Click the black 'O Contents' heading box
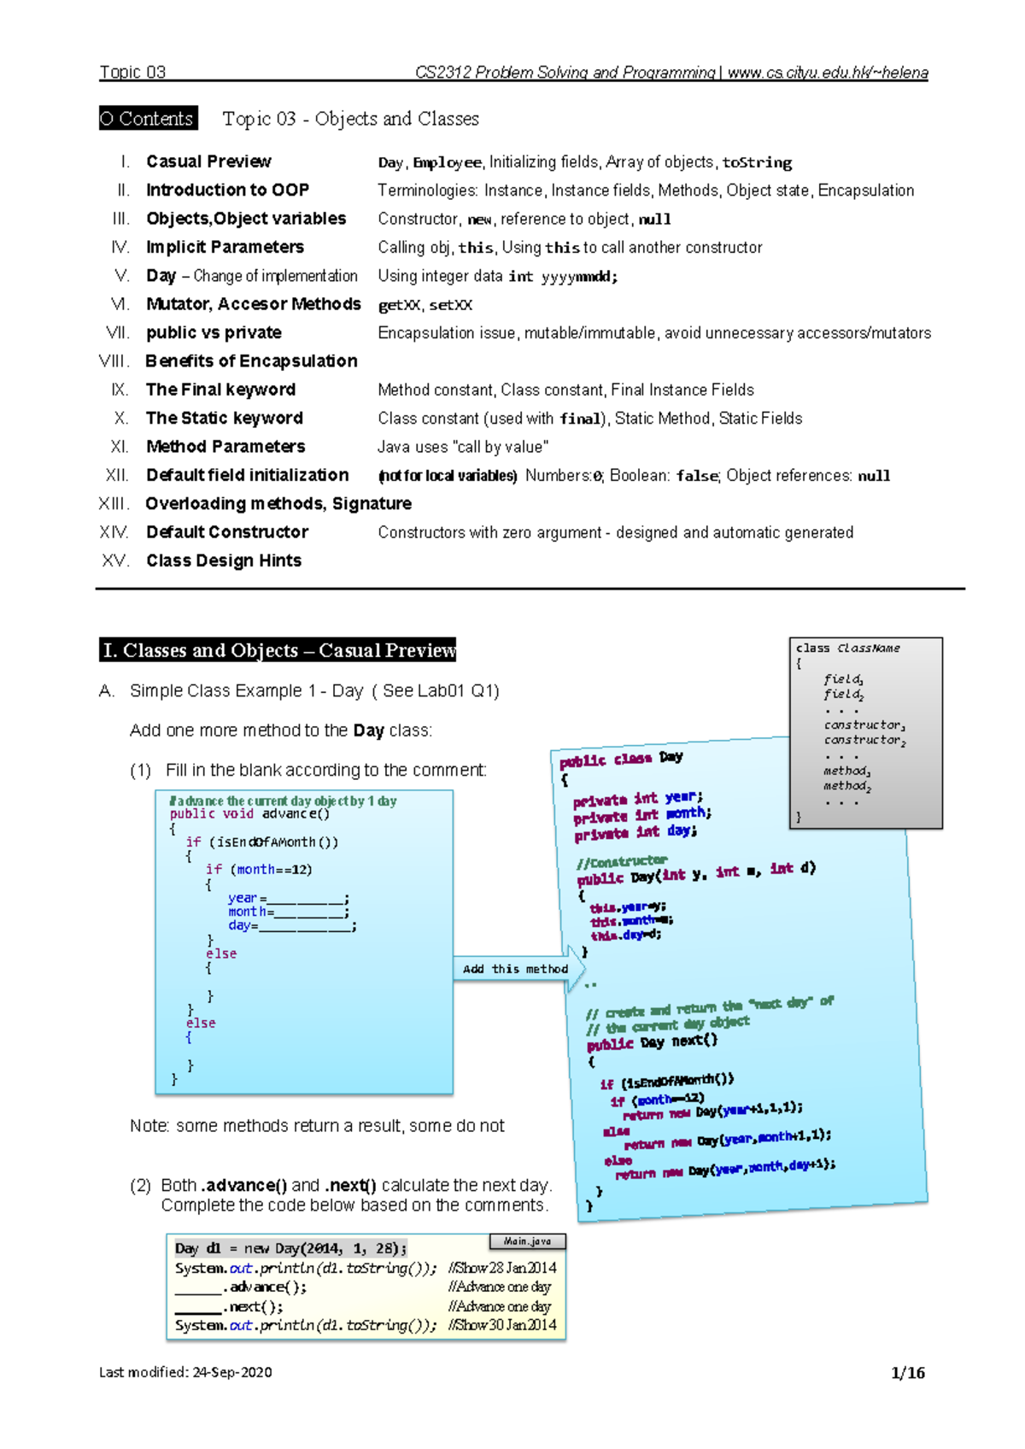click(x=148, y=119)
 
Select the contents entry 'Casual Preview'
click(x=208, y=161)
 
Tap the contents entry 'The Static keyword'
click(x=224, y=418)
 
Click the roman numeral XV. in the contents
click(x=115, y=560)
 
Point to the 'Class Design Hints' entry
click(x=223, y=560)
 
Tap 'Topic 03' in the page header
click(x=132, y=73)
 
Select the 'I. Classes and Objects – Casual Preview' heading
click(x=278, y=650)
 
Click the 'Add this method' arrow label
click(x=515, y=969)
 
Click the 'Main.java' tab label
click(x=527, y=1241)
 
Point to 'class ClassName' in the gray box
click(x=847, y=648)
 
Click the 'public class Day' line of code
click(x=621, y=759)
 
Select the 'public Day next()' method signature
click(x=652, y=1042)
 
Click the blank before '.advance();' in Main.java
click(x=198, y=1288)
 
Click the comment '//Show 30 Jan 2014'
click(x=502, y=1325)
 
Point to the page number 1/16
click(x=907, y=1373)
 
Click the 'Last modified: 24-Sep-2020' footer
click(x=185, y=1372)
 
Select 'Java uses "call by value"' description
click(x=463, y=447)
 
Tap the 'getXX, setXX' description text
click(x=425, y=305)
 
